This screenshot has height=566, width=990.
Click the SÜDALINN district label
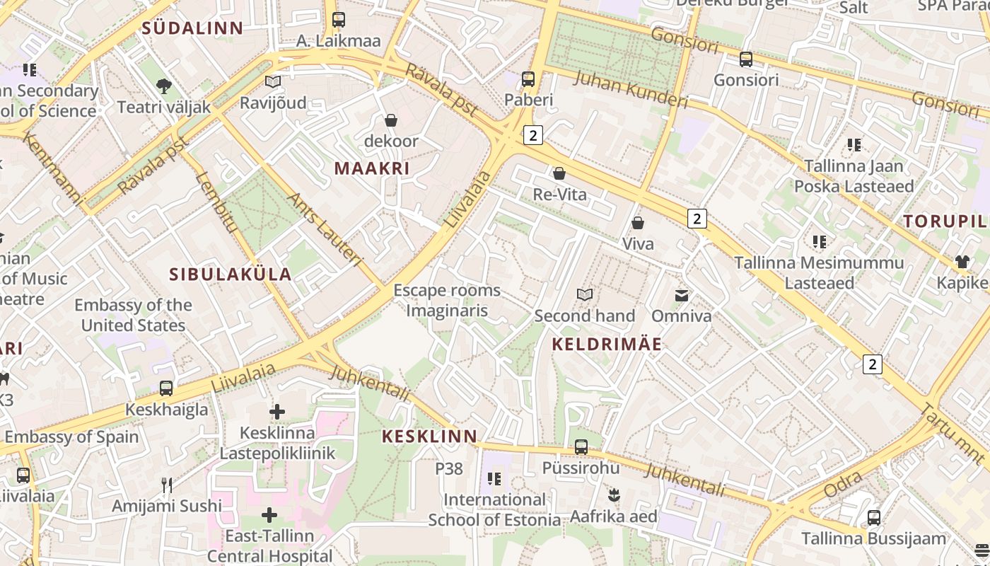[192, 28]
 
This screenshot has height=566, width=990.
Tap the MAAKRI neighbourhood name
[372, 168]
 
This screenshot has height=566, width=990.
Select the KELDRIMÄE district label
[607, 345]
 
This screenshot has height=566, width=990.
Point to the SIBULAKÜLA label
[231, 275]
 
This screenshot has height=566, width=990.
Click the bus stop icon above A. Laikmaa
[339, 20]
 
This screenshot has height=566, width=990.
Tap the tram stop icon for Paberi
[528, 79]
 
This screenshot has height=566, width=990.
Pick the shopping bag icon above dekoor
[390, 120]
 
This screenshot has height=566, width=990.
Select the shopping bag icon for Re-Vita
[559, 173]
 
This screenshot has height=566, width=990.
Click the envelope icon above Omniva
[682, 295]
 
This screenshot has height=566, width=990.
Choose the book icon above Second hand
[585, 294]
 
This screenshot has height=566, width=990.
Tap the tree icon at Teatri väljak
[164, 86]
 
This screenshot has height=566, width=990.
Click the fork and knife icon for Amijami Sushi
[167, 485]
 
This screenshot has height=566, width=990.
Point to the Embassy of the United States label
[133, 316]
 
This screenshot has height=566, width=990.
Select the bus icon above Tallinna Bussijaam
[874, 518]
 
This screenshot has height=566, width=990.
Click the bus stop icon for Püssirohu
[581, 447]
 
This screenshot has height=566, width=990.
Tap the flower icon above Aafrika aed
[614, 495]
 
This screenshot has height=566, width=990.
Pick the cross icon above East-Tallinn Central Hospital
[269, 515]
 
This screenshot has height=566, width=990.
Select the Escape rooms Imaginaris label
[447, 301]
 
